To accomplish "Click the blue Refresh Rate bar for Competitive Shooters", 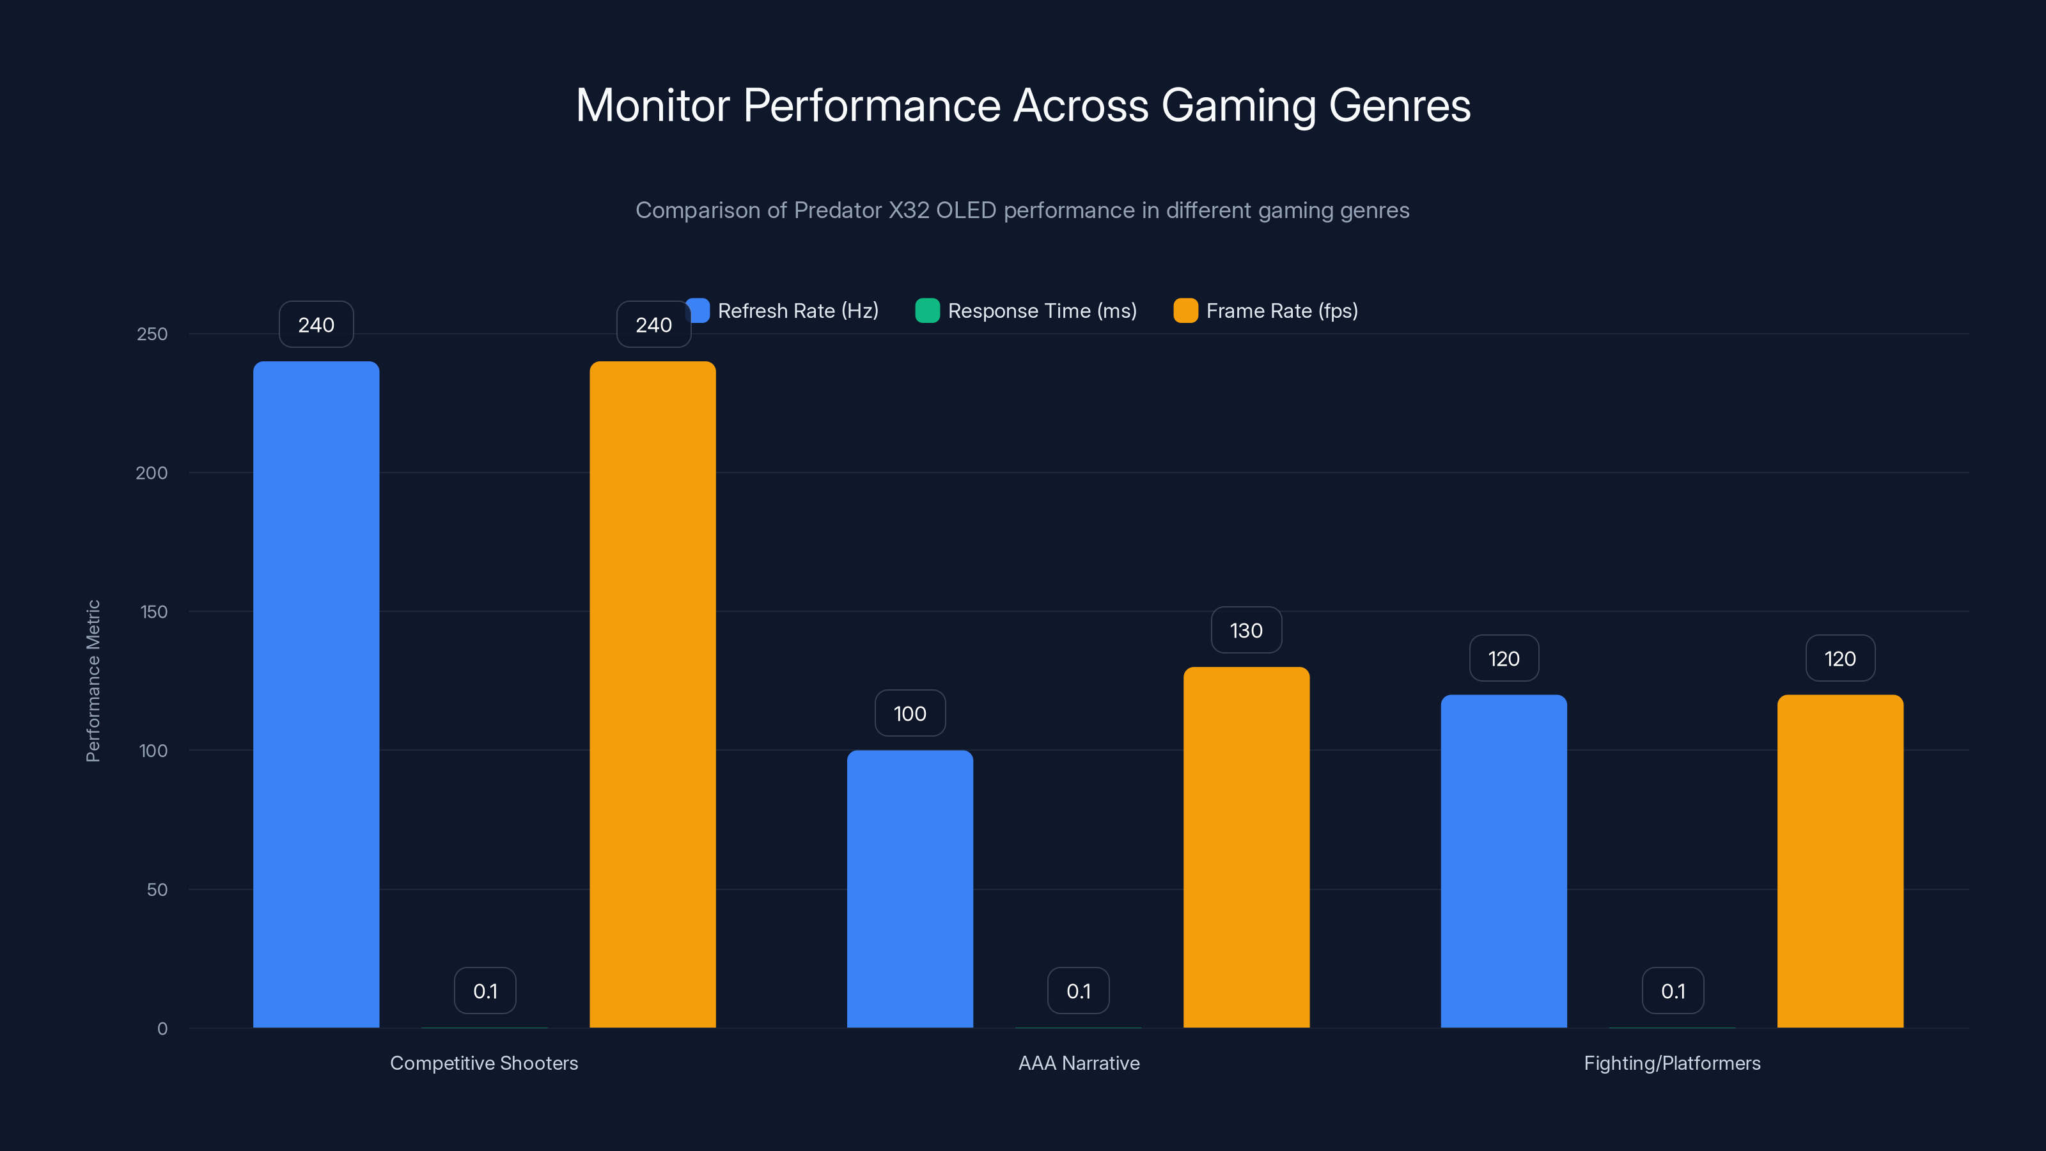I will pyautogui.click(x=316, y=694).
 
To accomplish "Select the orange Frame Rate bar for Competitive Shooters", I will pyautogui.click(x=652, y=694).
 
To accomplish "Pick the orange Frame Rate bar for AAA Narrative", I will pyautogui.click(x=1246, y=847).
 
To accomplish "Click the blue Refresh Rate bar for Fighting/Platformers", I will pyautogui.click(x=1504, y=861).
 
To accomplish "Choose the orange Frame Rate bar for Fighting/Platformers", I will pyautogui.click(x=1839, y=861).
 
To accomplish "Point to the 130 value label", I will pyautogui.click(x=1246, y=630).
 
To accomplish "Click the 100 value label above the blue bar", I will pyautogui.click(x=909, y=714).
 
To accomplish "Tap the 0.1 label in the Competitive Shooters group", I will pyautogui.click(x=485, y=991).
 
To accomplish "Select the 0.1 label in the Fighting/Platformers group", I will pyautogui.click(x=1673, y=991).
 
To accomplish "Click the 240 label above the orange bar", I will pyautogui.click(x=653, y=325).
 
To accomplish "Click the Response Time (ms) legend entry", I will pyautogui.click(x=1026, y=311).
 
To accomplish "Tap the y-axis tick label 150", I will pyautogui.click(x=153, y=612).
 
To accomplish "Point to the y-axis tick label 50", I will pyautogui.click(x=157, y=889).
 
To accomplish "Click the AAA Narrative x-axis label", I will pyautogui.click(x=1079, y=1063).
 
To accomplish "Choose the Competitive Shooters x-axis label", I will pyautogui.click(x=484, y=1063).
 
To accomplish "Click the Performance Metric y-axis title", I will pyautogui.click(x=93, y=681).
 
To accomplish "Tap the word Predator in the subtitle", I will pyautogui.click(x=837, y=210).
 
